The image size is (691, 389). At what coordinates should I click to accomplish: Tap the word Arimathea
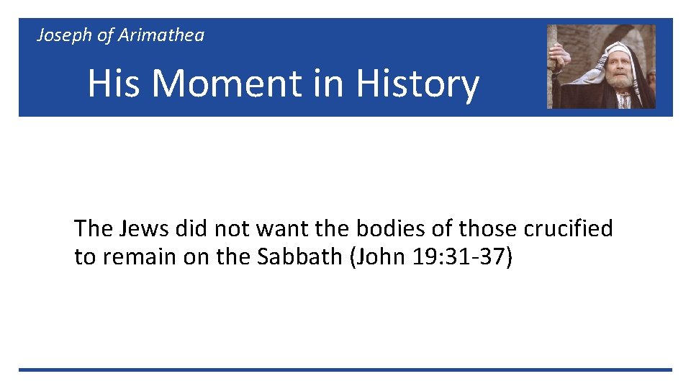[161, 35]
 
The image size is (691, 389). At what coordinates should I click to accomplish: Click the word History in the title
[417, 84]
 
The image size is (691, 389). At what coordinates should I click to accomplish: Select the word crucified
[568, 228]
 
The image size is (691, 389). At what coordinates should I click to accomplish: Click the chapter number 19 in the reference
[425, 257]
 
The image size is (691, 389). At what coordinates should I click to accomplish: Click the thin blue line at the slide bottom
[345, 370]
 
